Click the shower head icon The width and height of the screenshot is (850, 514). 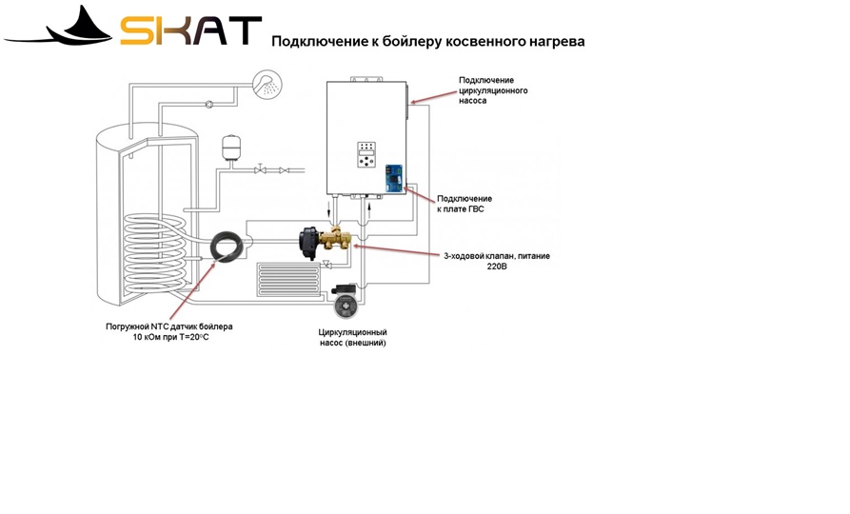coord(267,84)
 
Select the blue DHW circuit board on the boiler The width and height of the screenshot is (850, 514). coord(394,178)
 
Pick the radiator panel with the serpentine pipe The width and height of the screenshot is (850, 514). coord(289,280)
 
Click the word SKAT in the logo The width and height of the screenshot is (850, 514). coord(190,30)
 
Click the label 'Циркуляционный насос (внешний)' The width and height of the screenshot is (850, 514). coord(352,337)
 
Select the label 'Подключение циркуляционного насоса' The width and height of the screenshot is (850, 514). coord(492,90)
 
